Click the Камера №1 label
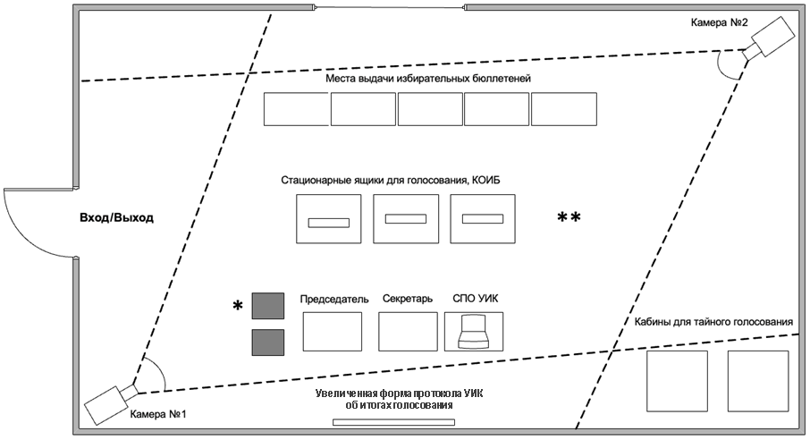(158, 415)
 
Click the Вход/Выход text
(117, 217)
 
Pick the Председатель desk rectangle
(333, 331)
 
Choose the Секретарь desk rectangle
(408, 331)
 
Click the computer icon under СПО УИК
(473, 333)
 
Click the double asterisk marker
(570, 218)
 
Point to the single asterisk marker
(238, 307)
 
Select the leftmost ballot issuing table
(296, 108)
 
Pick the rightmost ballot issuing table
(564, 108)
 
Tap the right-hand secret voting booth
(757, 380)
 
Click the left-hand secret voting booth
(677, 380)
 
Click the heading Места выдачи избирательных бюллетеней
(428, 79)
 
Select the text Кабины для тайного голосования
(713, 322)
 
